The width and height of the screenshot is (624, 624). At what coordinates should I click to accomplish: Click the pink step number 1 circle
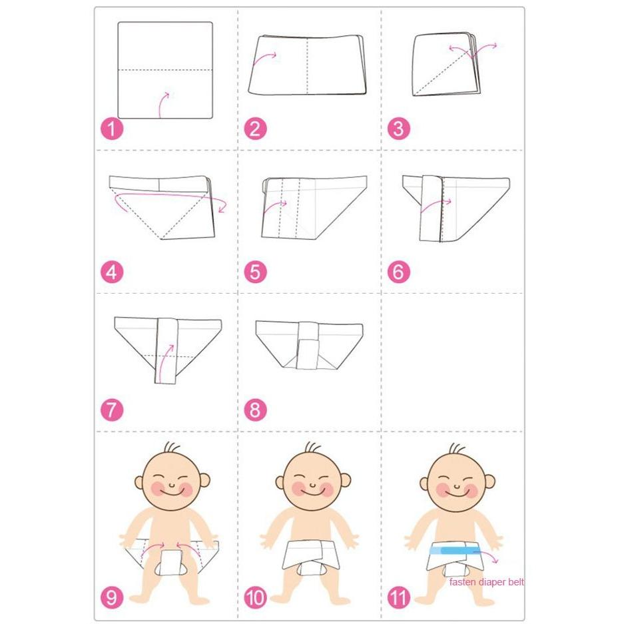point(112,129)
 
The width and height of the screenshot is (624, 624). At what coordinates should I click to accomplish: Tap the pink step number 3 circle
point(398,129)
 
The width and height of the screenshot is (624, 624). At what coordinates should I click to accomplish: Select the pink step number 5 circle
point(255,272)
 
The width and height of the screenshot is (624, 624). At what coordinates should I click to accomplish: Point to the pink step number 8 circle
point(255,410)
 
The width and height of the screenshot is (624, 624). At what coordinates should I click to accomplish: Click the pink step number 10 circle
point(255,598)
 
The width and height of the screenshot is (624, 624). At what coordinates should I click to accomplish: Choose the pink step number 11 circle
point(398,598)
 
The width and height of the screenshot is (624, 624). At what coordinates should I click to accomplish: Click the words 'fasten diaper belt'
point(487,582)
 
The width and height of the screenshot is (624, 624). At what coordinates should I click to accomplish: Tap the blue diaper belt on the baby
point(455,550)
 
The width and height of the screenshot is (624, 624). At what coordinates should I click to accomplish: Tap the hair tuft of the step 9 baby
point(172,446)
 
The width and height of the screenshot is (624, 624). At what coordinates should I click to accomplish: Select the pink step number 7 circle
point(112,410)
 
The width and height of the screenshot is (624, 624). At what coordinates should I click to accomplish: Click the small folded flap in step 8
point(308,354)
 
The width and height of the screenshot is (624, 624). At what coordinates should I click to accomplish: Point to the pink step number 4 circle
point(112,272)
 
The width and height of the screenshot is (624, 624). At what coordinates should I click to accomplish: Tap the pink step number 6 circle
point(398,272)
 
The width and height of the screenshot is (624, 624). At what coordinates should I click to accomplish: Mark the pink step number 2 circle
point(255,129)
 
